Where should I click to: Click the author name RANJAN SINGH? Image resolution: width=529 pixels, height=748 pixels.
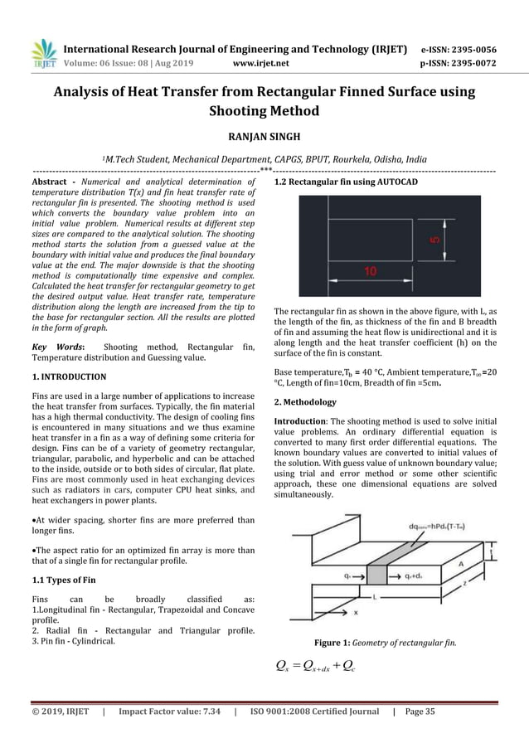point(264,135)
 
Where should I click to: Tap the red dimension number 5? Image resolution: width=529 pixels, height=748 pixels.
point(434,240)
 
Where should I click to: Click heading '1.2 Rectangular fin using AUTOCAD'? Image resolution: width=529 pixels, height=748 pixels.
point(346,181)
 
